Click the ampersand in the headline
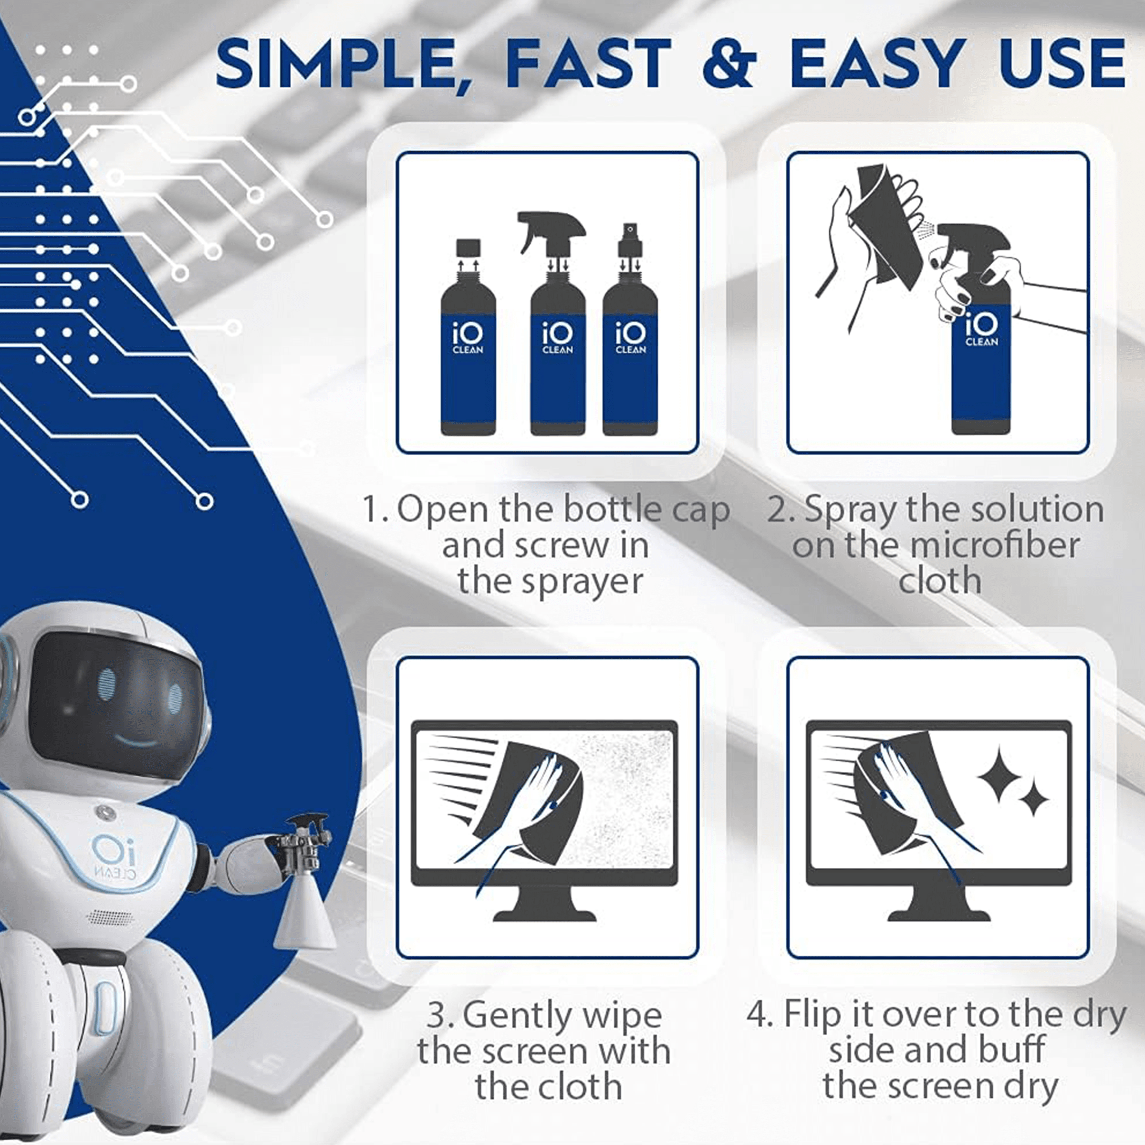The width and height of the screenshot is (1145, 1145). [x=729, y=64]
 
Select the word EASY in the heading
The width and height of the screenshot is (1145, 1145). [x=878, y=64]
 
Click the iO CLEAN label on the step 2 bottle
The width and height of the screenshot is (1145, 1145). [x=981, y=330]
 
